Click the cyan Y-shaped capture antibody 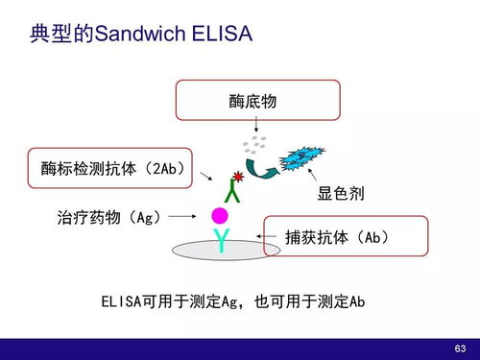coord(223,238)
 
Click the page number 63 coord(459,347)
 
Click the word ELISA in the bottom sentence coord(121,301)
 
